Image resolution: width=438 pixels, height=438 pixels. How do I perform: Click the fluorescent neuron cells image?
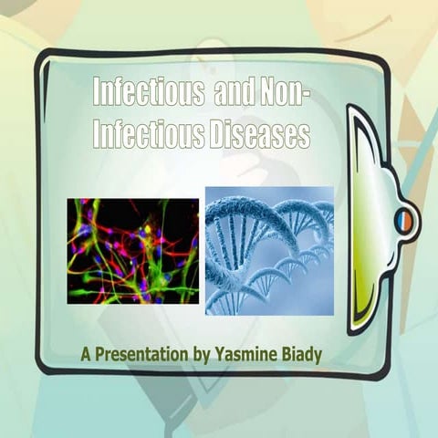click(132, 251)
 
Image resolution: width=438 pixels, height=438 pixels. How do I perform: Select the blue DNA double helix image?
click(269, 251)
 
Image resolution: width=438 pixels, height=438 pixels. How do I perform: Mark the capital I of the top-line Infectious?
click(98, 92)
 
